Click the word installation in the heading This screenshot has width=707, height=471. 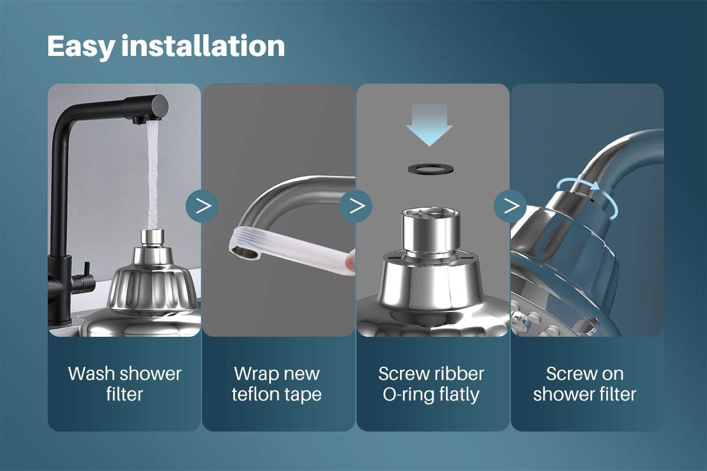(203, 46)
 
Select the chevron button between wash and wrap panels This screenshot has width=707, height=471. (202, 205)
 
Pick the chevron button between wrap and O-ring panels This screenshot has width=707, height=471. (356, 205)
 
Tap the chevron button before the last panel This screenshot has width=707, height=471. (510, 205)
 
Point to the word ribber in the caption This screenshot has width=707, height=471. (456, 373)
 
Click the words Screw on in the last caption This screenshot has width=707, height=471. (584, 373)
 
